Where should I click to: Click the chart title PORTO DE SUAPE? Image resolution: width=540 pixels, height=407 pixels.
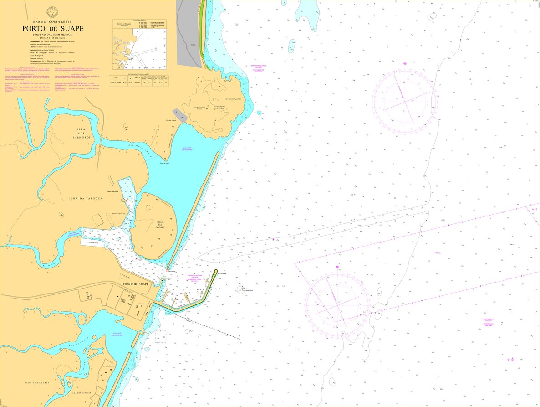click(53, 29)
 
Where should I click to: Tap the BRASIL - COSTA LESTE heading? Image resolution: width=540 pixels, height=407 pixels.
click(53, 21)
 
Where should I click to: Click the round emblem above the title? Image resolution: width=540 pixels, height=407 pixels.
click(53, 10)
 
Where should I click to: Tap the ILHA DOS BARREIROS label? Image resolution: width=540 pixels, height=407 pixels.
click(81, 133)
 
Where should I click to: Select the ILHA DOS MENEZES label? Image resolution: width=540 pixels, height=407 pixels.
click(82, 392)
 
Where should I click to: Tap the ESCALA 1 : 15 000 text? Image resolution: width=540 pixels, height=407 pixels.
click(53, 38)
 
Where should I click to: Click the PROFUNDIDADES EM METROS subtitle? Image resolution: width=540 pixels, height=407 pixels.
click(53, 34)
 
